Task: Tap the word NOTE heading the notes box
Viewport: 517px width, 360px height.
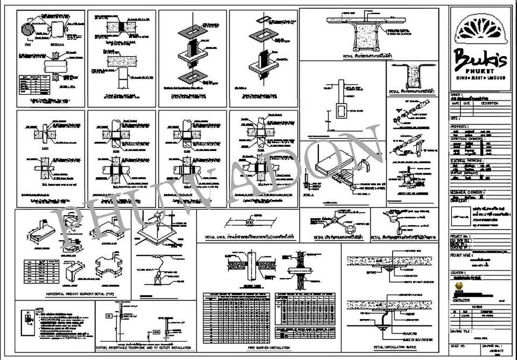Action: point(38,309)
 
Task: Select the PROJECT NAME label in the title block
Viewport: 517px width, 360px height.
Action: point(462,255)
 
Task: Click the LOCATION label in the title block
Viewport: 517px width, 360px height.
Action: point(459,273)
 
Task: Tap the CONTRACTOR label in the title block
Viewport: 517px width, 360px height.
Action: point(463,302)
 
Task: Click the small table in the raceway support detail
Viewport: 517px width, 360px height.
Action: point(42,269)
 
